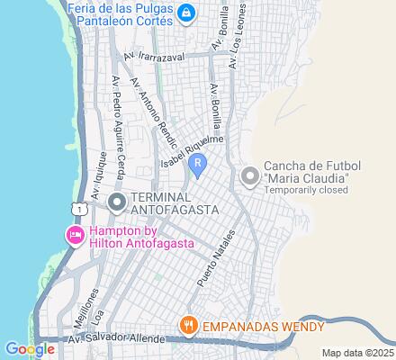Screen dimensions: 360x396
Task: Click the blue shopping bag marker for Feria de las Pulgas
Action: [186, 13]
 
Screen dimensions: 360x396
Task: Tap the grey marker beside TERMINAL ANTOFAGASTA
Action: [116, 202]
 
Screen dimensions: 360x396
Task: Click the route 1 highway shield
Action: [81, 208]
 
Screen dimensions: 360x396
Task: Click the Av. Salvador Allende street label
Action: [117, 339]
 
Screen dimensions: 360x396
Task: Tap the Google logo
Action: [29, 349]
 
